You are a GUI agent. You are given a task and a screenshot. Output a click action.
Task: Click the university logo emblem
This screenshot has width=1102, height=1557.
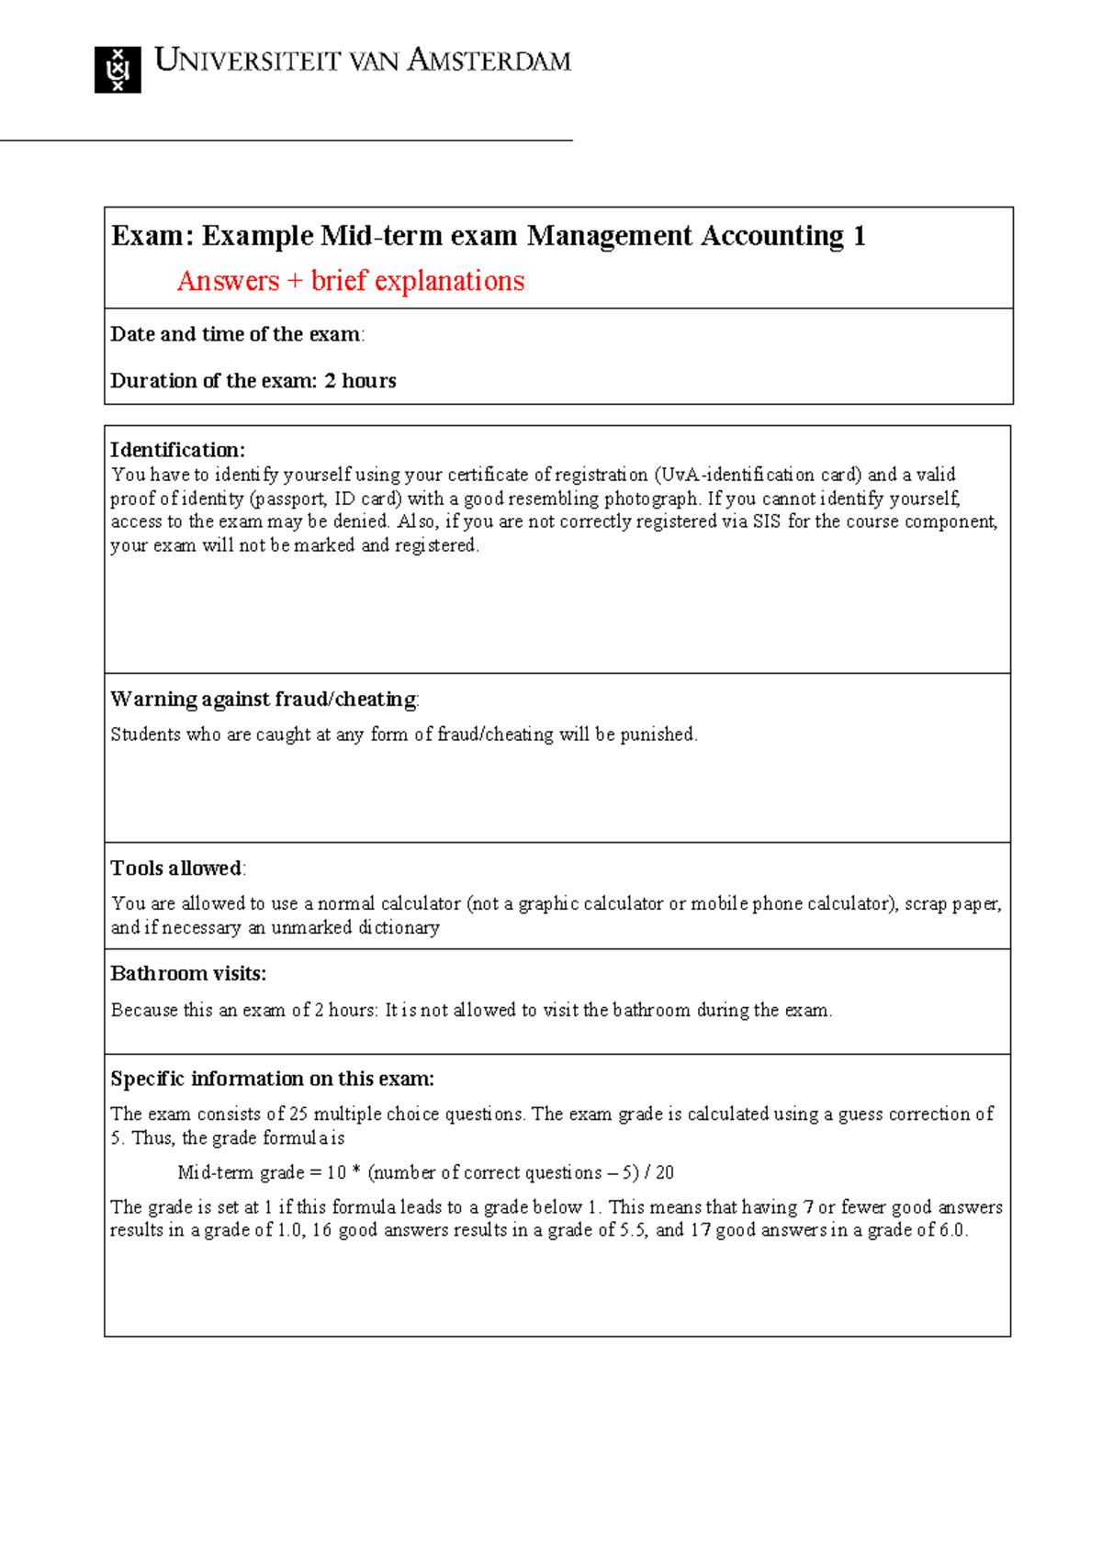click(x=118, y=70)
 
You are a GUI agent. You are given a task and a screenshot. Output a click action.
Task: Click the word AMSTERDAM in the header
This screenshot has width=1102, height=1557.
click(x=489, y=62)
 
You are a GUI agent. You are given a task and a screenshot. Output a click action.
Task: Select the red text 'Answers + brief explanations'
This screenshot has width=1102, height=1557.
click(x=351, y=281)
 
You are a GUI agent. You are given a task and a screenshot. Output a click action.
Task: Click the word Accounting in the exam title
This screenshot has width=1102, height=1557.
click(x=772, y=236)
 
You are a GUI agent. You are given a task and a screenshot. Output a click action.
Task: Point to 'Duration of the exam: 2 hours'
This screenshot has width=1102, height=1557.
click(x=253, y=381)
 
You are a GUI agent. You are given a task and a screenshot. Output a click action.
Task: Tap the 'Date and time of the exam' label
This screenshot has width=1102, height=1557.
click(x=235, y=334)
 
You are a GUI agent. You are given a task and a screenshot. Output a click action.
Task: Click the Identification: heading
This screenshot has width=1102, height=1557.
click(x=177, y=450)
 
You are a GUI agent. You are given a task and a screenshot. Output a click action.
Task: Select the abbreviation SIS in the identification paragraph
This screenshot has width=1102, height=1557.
click(x=767, y=521)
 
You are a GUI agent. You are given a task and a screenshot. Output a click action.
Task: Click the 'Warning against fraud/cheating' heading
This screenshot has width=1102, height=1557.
click(x=264, y=700)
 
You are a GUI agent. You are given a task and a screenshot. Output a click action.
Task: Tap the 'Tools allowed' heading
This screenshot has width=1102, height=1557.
click(x=176, y=868)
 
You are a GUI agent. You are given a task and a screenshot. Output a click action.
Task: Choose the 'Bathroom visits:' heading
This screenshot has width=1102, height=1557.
click(x=188, y=973)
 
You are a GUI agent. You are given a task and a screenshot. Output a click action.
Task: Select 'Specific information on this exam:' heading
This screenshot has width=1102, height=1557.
click(x=272, y=1079)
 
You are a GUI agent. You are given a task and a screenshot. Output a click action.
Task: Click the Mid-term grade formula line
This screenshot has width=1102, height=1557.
click(x=425, y=1172)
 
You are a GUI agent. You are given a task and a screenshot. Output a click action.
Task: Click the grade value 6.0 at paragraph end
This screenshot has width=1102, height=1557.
click(x=951, y=1230)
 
